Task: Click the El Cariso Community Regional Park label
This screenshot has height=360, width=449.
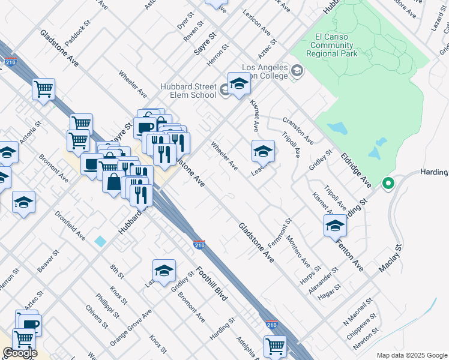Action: tap(336, 45)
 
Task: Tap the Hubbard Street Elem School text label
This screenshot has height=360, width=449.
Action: tap(188, 91)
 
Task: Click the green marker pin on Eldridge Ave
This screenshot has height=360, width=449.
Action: tap(388, 184)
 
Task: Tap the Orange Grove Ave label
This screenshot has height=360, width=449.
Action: tap(131, 328)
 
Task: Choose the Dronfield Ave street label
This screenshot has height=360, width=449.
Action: tap(70, 226)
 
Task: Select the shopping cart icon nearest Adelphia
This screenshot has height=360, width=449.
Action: tap(274, 346)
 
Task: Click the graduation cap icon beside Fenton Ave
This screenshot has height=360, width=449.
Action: tap(334, 226)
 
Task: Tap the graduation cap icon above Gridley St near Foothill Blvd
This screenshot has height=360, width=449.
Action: tap(164, 271)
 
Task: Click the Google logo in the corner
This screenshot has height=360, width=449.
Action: tap(20, 352)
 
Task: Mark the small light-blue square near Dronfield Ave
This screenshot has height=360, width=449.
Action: tap(100, 241)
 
